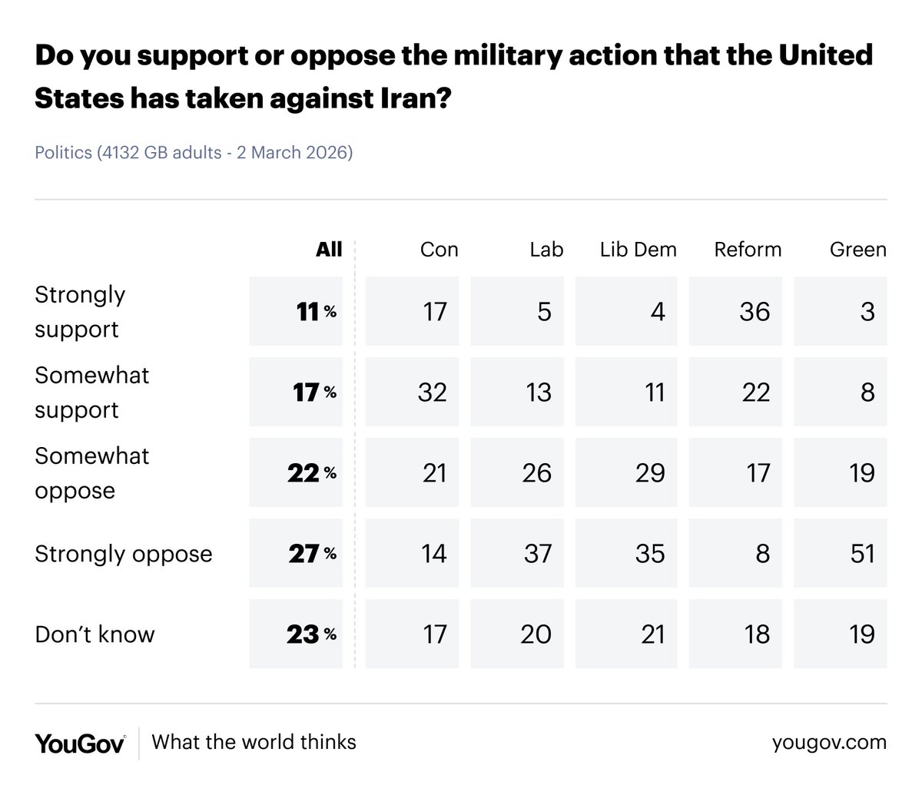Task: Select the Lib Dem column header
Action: [638, 250]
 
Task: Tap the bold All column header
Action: [329, 249]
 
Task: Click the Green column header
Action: [857, 250]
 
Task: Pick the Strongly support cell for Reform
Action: [735, 311]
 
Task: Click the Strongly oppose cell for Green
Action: [841, 553]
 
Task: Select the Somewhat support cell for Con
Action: [412, 392]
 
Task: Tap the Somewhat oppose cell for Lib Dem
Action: [626, 472]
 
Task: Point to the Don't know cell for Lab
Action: [517, 634]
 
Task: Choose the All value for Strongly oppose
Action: [296, 553]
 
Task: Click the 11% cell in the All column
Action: [296, 311]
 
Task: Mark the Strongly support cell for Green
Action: [841, 311]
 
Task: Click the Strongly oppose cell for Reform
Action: [735, 553]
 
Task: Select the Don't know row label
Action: [95, 634]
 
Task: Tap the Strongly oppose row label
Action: [123, 554]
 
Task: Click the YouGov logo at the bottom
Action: [80, 743]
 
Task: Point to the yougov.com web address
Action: [829, 743]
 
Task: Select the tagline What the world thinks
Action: [254, 742]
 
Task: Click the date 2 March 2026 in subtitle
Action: [294, 152]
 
